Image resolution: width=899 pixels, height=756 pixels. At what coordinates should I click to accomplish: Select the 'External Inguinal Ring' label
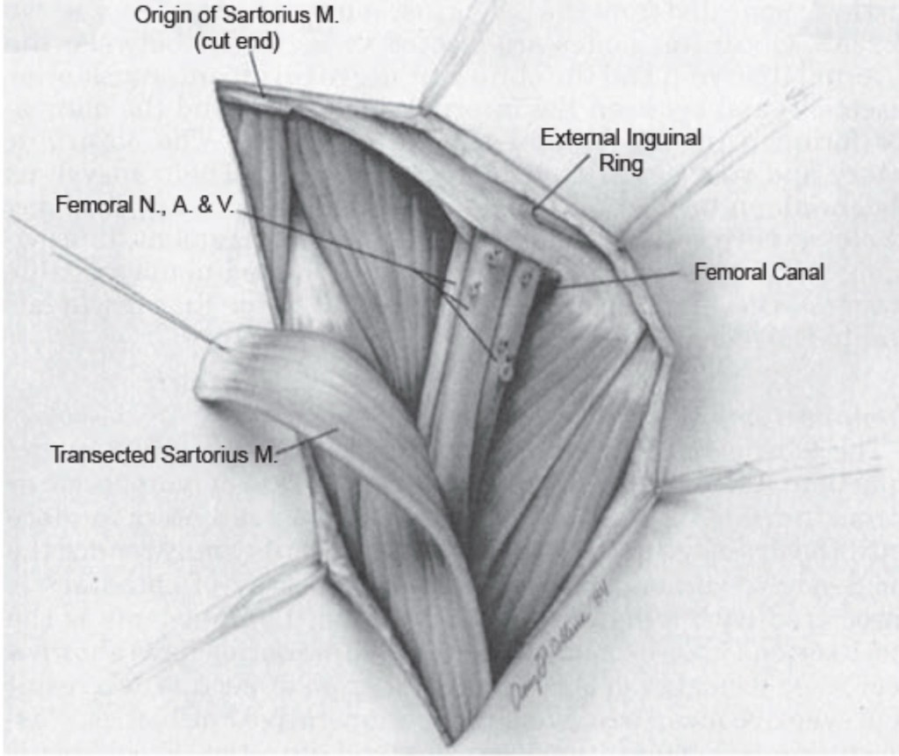point(621,149)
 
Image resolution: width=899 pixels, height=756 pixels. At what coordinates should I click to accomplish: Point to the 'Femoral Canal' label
point(759,271)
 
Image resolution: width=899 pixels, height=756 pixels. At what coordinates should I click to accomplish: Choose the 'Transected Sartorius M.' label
point(163,456)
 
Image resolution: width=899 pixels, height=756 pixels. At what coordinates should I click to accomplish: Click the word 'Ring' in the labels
point(622,163)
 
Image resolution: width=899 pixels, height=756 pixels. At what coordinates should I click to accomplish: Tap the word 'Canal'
point(795,271)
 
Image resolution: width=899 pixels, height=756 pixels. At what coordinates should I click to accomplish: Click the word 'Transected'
point(97,456)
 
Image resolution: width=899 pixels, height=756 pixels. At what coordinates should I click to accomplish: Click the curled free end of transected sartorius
point(215,369)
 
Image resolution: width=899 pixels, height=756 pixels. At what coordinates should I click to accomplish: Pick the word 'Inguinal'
point(660,137)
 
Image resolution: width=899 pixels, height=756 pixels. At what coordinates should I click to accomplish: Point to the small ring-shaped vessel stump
point(505,370)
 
